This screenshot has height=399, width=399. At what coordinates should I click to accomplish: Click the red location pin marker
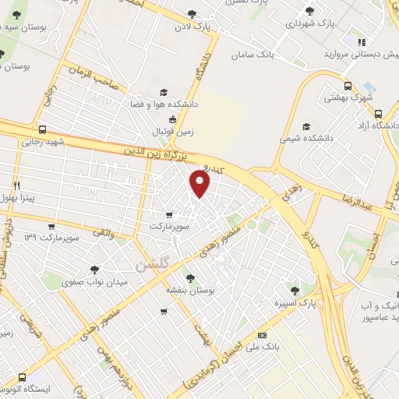point(200,184)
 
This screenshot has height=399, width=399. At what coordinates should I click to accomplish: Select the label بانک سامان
point(252,55)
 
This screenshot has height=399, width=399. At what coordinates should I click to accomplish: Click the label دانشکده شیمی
point(306,139)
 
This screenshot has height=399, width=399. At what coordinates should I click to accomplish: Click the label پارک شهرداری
point(310,24)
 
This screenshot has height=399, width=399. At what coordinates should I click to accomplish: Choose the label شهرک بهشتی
point(350,99)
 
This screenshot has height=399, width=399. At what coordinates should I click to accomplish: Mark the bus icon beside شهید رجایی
point(41,130)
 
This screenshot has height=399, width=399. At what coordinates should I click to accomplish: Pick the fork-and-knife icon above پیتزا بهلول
point(17,186)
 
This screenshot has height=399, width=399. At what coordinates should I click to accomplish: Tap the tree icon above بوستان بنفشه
point(189,277)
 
